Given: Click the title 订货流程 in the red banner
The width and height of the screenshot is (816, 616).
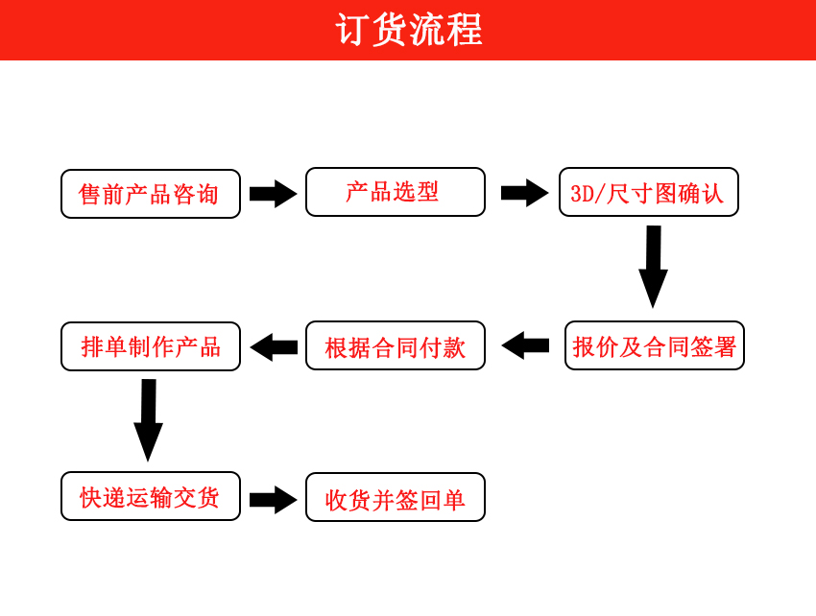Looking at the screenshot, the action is (x=409, y=30).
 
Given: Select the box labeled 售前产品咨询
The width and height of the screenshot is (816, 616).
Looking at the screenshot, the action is (x=151, y=194).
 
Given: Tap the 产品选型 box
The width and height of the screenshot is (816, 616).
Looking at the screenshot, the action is (x=396, y=192).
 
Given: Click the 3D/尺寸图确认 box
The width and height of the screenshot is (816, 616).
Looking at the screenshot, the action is (x=649, y=192).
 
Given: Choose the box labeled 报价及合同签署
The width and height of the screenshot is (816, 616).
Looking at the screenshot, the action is (x=655, y=345).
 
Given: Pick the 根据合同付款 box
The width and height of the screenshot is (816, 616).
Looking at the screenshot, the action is (x=396, y=345).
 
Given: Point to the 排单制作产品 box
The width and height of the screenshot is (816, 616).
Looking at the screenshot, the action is (x=151, y=346).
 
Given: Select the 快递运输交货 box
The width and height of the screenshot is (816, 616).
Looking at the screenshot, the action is (x=151, y=496).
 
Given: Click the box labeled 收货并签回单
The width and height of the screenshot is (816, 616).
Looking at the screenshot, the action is (x=396, y=497).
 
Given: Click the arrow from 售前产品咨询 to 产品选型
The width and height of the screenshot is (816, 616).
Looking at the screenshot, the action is (x=274, y=194).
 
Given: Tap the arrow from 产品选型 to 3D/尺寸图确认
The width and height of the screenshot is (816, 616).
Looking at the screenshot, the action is (x=524, y=193).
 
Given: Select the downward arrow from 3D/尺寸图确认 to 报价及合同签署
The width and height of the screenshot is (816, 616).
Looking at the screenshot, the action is (x=653, y=267).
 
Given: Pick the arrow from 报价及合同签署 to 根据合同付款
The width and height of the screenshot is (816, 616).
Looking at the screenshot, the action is (x=525, y=345).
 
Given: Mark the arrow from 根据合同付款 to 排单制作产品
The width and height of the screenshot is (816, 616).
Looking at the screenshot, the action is (x=274, y=347).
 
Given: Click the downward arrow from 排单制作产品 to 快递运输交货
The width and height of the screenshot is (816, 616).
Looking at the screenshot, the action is (x=148, y=420).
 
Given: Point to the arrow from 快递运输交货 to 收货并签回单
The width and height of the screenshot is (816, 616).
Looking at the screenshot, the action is (x=274, y=500).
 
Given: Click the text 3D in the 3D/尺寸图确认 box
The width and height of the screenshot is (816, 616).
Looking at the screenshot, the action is (x=582, y=194).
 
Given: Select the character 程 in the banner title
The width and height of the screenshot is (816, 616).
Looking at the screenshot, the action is (x=465, y=30).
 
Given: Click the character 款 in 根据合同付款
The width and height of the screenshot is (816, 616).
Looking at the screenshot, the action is (x=454, y=347).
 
